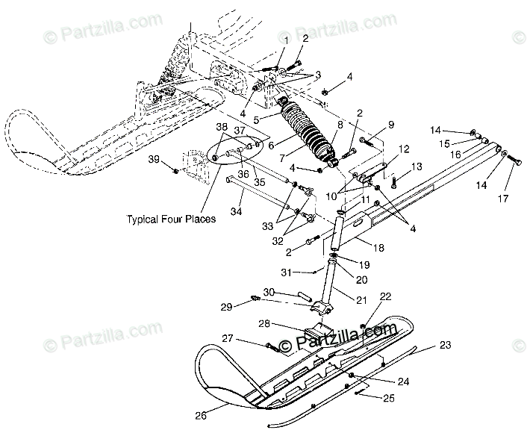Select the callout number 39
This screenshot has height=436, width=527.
point(153,160)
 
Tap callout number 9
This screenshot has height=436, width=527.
point(390,124)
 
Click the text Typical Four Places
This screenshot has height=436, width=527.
point(171,219)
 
